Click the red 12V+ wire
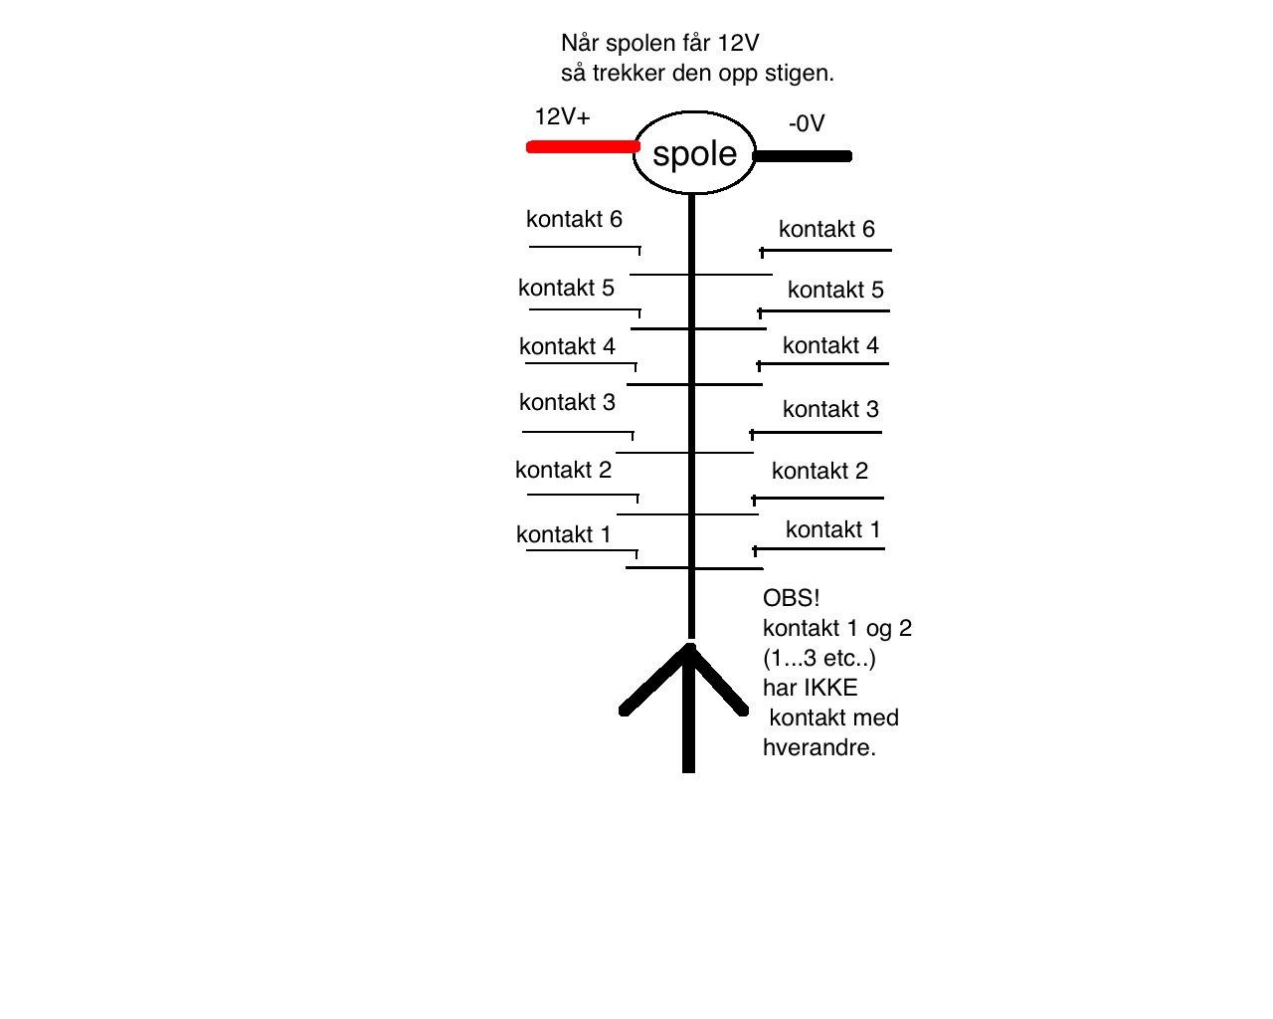[583, 147]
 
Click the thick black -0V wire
[803, 156]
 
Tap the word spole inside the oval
[694, 154]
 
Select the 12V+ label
[562, 116]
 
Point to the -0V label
[807, 123]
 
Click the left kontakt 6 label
[574, 219]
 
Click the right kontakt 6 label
[826, 229]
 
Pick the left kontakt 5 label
[566, 288]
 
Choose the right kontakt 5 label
[835, 291]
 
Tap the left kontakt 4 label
[567, 346]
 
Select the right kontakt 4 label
[830, 345]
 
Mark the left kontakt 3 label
[567, 403]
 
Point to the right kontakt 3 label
[830, 409]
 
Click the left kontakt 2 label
[563, 470]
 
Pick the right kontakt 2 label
[819, 472]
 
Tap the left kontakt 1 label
[563, 534]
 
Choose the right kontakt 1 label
[832, 530]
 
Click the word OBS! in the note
[791, 598]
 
